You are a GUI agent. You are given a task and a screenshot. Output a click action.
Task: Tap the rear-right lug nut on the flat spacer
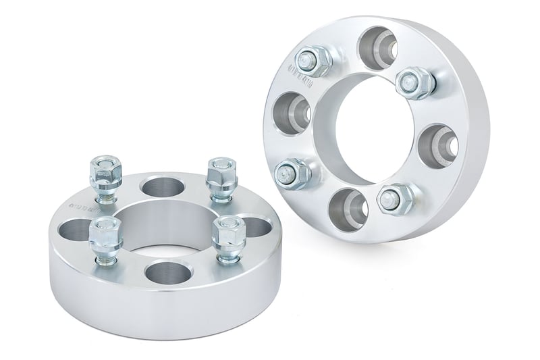point(219,176)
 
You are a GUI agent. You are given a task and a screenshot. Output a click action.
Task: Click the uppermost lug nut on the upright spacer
point(315,61)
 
